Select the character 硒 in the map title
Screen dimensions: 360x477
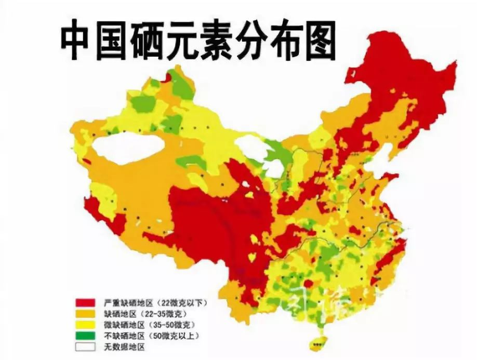(148, 41)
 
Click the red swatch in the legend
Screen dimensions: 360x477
(85, 302)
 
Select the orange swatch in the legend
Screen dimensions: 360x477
(85, 313)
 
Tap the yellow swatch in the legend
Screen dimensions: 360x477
(85, 324)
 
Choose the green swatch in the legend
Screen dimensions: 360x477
(85, 335)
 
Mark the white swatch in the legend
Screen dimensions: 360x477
(85, 346)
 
